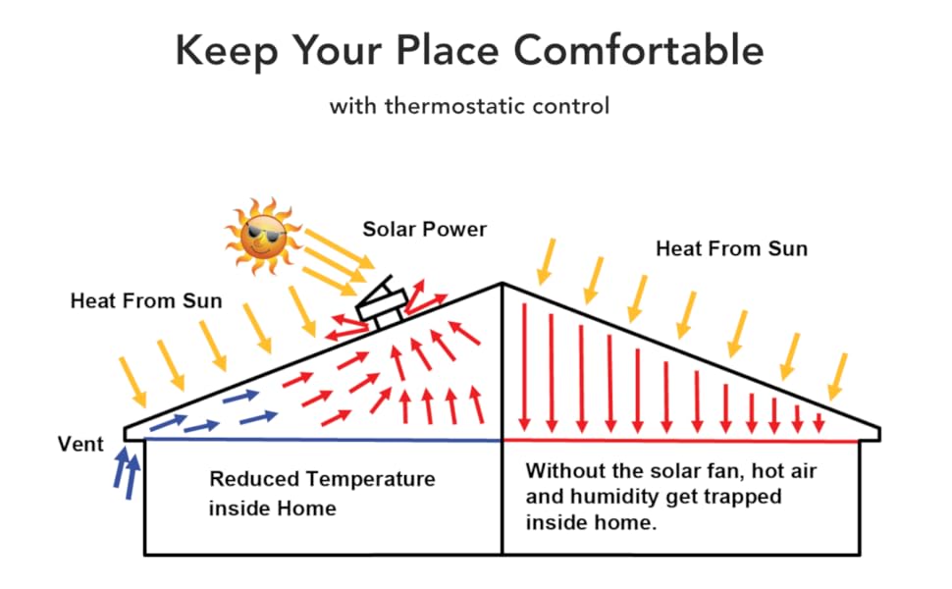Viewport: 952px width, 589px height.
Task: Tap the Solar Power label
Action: tap(424, 230)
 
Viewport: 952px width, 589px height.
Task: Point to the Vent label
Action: tap(80, 445)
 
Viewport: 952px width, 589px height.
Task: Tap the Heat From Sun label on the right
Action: tap(731, 248)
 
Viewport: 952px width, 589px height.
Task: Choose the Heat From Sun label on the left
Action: tap(146, 301)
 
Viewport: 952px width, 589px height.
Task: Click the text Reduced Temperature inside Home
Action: tap(321, 494)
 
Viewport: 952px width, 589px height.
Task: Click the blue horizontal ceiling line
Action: tap(324, 441)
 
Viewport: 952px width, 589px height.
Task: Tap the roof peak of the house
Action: tap(502, 285)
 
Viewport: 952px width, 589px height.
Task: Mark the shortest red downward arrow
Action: tap(819, 423)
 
